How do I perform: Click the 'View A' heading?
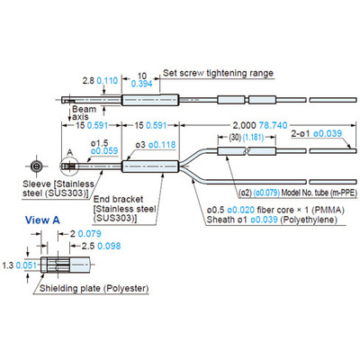[42, 220]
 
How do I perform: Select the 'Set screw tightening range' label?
[218, 73]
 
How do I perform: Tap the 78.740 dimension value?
[273, 125]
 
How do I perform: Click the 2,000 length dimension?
[245, 125]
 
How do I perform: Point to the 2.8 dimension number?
[88, 80]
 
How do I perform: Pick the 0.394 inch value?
[141, 84]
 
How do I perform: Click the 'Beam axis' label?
[84, 112]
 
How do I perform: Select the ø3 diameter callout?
[140, 145]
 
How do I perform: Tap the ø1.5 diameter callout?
[100, 143]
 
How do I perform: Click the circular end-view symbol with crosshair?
[37, 166]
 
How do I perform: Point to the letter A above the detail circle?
[69, 152]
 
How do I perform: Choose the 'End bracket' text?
[118, 199]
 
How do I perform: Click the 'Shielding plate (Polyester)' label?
[94, 289]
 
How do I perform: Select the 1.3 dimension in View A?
[8, 265]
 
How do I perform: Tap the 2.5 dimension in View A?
[88, 246]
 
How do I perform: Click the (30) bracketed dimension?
[235, 138]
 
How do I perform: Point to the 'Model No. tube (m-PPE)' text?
[319, 193]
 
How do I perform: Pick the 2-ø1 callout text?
[301, 134]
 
